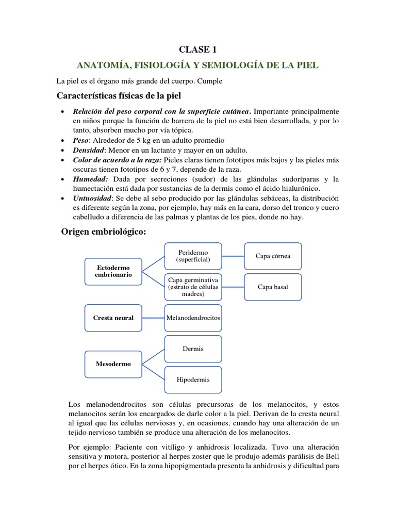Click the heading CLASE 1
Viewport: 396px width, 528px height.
197,49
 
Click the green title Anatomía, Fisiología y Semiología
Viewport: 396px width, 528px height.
197,65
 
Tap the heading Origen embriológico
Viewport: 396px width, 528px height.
104,233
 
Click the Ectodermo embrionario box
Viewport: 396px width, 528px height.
112,271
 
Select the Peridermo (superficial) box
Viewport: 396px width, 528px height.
193,256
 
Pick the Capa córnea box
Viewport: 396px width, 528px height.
273,256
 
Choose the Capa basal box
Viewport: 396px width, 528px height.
273,287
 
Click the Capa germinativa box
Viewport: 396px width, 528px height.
193,287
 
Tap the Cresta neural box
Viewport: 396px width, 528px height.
112,318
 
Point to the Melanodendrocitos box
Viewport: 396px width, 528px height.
193,318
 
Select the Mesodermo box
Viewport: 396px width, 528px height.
112,364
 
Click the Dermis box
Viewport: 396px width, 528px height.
193,349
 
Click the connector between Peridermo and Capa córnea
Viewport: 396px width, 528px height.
233,256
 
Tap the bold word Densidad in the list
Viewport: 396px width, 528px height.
89,150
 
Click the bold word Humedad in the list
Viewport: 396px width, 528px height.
90,179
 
